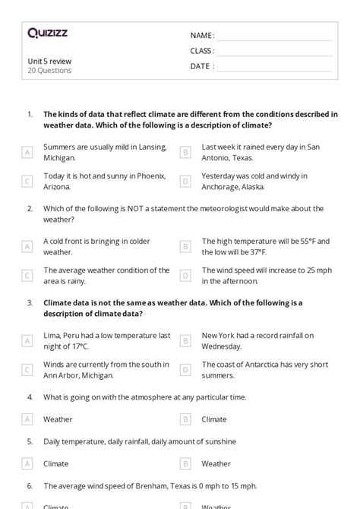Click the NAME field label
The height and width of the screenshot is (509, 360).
[201, 36]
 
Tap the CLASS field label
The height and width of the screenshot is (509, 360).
[202, 51]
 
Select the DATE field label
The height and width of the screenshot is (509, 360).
[201, 66]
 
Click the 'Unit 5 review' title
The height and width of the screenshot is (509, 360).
[49, 61]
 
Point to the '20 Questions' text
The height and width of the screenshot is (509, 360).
[49, 71]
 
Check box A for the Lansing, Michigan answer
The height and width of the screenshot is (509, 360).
[27, 153]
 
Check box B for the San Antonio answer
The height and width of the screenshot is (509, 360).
[185, 153]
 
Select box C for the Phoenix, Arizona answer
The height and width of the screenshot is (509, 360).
[27, 181]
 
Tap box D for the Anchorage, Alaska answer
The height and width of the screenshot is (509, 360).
[185, 181]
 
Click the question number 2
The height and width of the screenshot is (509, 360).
[30, 208]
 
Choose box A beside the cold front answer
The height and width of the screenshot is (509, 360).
[27, 247]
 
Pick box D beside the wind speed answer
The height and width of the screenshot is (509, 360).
[185, 275]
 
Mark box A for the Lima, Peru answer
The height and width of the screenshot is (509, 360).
[27, 341]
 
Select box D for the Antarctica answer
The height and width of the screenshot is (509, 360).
[185, 369]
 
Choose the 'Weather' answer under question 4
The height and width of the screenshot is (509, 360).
[58, 419]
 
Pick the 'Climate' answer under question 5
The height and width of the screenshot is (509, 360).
[55, 463]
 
